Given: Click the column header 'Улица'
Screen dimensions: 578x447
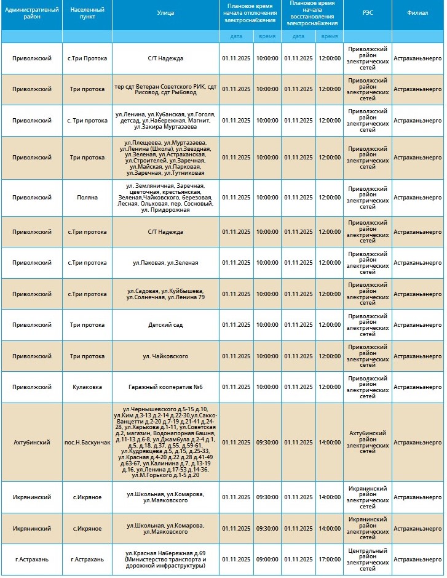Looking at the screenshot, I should click(x=165, y=13).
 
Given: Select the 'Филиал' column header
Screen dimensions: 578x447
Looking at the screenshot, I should click(x=417, y=13).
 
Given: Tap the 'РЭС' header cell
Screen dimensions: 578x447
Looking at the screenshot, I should click(x=367, y=13).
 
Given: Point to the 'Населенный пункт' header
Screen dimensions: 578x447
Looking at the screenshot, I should click(x=87, y=13).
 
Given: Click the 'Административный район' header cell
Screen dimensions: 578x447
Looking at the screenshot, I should click(x=31, y=13).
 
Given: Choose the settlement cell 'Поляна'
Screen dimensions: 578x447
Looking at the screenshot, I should click(x=87, y=198).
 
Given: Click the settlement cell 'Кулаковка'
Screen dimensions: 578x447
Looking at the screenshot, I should click(x=87, y=387).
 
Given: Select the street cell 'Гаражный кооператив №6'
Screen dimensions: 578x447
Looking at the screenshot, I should click(x=165, y=387).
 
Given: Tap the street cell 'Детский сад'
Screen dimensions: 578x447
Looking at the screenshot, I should click(x=165, y=325).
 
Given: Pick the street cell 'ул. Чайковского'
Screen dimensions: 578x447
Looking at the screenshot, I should click(x=165, y=356).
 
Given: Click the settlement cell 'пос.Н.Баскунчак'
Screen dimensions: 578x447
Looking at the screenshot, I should click(x=87, y=443).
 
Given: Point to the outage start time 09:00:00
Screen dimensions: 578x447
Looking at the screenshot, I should click(x=267, y=560).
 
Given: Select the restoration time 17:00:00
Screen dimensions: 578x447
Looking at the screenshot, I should click(x=329, y=560).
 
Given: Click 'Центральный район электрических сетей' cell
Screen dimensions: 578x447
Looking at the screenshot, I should click(x=367, y=560).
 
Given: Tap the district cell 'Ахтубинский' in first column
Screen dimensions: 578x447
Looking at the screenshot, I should click(x=31, y=443).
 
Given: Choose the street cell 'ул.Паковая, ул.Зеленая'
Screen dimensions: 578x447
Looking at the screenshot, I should click(x=165, y=263).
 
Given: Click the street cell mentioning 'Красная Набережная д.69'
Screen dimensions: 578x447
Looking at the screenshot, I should click(x=165, y=560).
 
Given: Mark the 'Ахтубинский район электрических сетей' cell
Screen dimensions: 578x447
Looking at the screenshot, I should click(x=367, y=443).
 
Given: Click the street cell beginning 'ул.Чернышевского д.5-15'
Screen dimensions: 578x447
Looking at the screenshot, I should click(x=165, y=443).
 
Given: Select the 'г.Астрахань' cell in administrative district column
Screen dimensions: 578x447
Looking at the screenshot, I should click(x=31, y=560).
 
